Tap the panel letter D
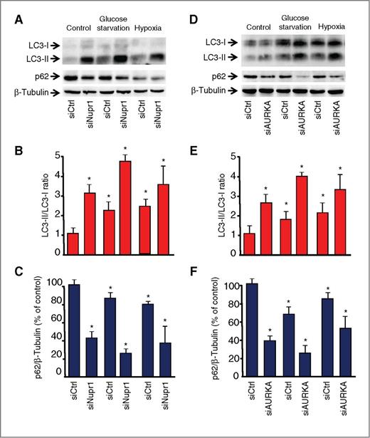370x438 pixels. click(199, 14)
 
